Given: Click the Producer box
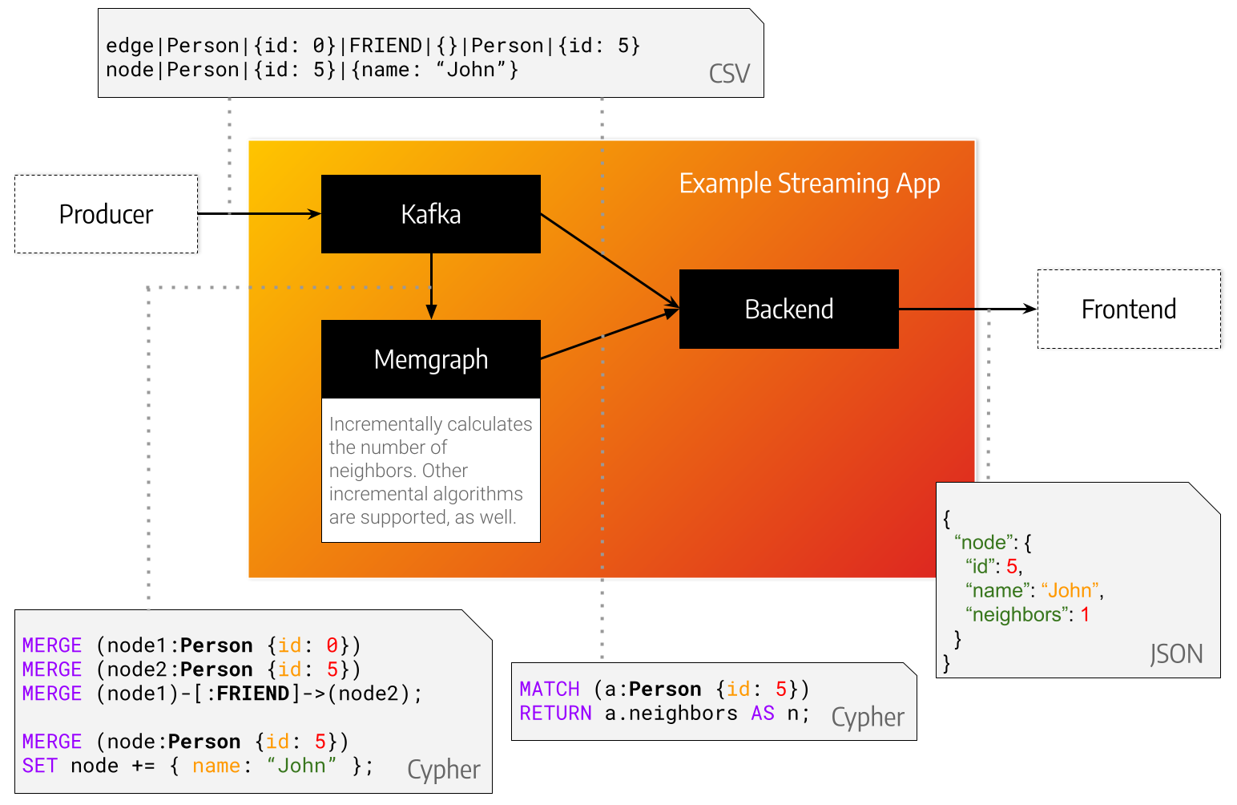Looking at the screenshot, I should click(106, 214).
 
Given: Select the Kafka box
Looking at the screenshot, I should click(430, 214).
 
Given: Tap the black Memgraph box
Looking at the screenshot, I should click(430, 359).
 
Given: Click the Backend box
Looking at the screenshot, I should click(788, 309).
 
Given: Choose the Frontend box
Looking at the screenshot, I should click(1128, 309).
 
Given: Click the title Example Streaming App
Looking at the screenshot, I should click(809, 184).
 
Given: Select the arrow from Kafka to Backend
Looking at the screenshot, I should click(609, 260).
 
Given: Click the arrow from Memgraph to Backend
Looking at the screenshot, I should click(609, 334).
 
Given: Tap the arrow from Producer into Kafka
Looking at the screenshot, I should click(284, 214).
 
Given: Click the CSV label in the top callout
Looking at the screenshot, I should click(729, 74).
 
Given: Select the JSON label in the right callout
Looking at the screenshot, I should click(1176, 654).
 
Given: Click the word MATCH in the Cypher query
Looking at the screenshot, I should click(550, 690).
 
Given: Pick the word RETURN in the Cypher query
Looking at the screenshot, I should click(555, 714).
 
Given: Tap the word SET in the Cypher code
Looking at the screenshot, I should click(39, 766).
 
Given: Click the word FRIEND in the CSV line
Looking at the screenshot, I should click(385, 46).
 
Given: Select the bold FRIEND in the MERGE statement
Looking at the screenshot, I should click(252, 694).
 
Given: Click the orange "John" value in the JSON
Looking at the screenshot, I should click(1070, 591).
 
